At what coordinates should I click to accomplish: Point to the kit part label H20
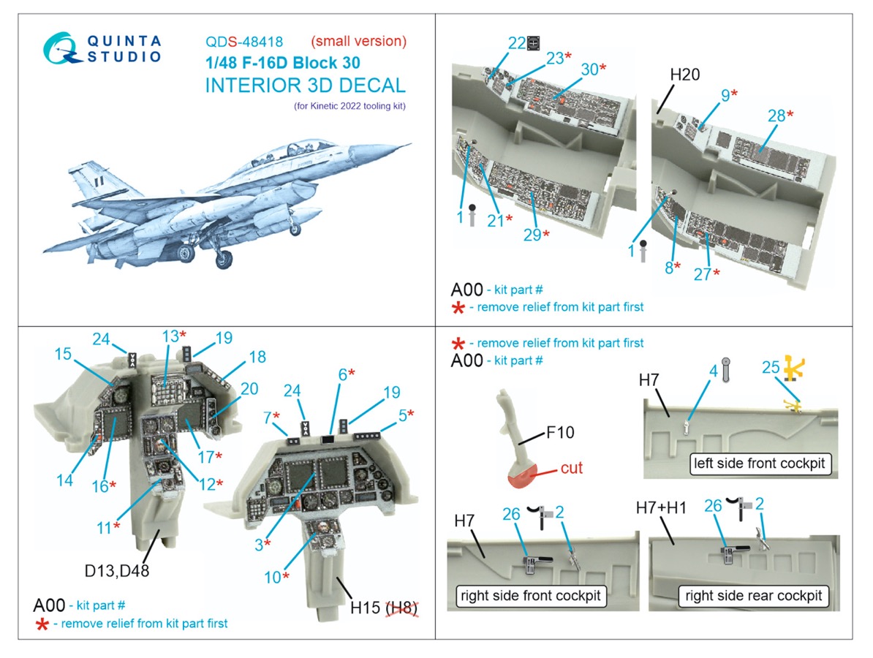(x=684, y=75)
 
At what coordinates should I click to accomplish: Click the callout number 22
(x=517, y=43)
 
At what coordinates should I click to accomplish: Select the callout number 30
(x=589, y=69)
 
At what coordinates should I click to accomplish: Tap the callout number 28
(x=776, y=116)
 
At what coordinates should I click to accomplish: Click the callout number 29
(x=532, y=235)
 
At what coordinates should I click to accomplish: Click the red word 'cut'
(x=571, y=468)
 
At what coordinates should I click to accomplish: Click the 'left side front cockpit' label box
(x=760, y=464)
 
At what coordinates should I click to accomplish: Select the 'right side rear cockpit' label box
(x=752, y=596)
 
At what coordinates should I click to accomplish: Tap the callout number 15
(x=63, y=354)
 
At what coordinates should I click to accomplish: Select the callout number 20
(x=250, y=389)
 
